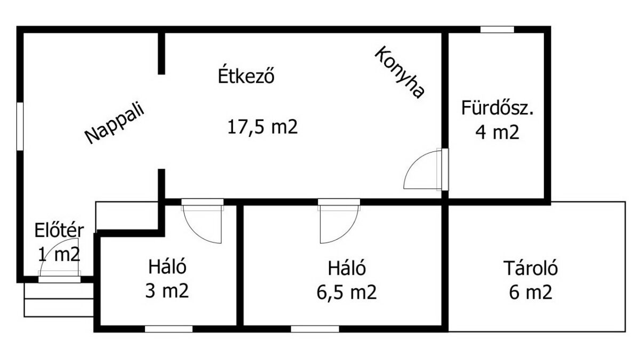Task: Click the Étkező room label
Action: (x=246, y=75)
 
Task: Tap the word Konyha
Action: (x=399, y=73)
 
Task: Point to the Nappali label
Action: (x=115, y=122)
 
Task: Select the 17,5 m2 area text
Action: (x=262, y=127)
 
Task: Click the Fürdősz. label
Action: (x=498, y=108)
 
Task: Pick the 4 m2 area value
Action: (x=497, y=132)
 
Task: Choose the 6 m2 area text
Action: (x=531, y=292)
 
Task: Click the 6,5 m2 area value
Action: (x=347, y=292)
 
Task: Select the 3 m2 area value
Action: (x=167, y=291)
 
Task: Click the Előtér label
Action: (x=59, y=230)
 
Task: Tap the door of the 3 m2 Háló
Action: (x=203, y=221)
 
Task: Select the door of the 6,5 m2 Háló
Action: (x=339, y=221)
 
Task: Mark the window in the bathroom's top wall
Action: (x=497, y=29)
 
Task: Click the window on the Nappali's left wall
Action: (x=20, y=126)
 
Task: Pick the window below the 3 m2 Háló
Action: (x=169, y=329)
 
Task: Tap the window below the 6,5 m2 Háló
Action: (x=315, y=329)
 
